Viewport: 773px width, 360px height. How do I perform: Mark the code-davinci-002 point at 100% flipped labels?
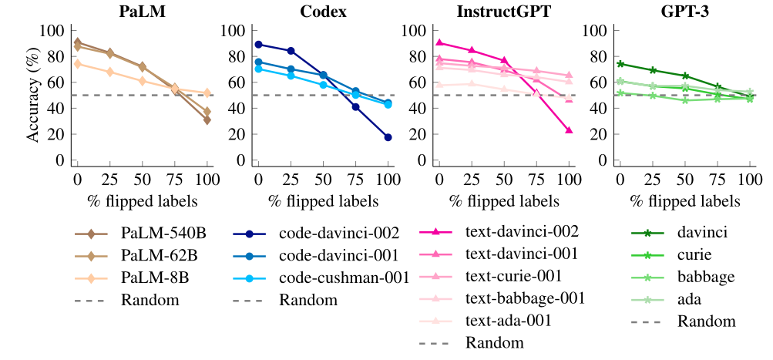coord(388,137)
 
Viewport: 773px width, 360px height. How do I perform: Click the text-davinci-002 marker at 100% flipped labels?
coord(569,130)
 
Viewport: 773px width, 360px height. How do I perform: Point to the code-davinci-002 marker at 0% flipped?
coord(258,45)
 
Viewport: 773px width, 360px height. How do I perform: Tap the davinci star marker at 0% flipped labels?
coord(620,64)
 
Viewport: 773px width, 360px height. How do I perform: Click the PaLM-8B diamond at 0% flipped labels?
coord(77,63)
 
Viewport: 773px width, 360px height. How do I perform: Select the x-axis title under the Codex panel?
coord(323,201)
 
